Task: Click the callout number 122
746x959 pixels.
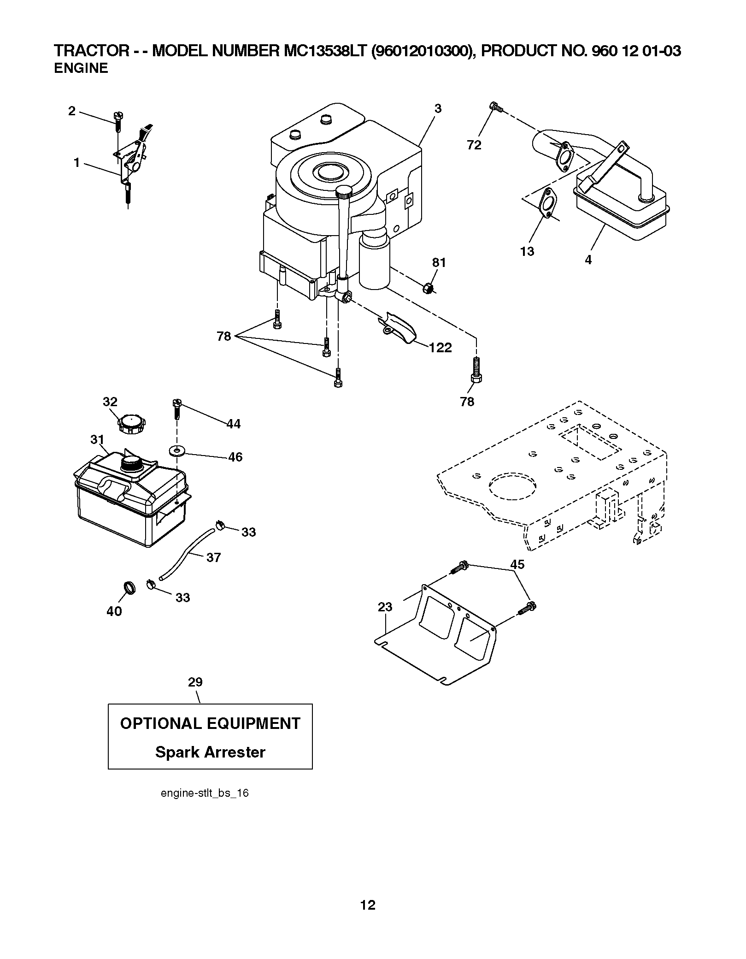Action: (x=441, y=348)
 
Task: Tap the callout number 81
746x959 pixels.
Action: (x=439, y=263)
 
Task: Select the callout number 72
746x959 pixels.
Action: (x=474, y=145)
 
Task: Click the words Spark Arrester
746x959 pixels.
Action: (x=210, y=752)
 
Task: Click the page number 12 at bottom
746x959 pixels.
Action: (x=368, y=905)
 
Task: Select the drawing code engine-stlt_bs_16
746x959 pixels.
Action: (x=205, y=793)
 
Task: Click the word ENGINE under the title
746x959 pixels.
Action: (x=81, y=68)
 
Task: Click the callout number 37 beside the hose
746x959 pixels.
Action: (x=213, y=557)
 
